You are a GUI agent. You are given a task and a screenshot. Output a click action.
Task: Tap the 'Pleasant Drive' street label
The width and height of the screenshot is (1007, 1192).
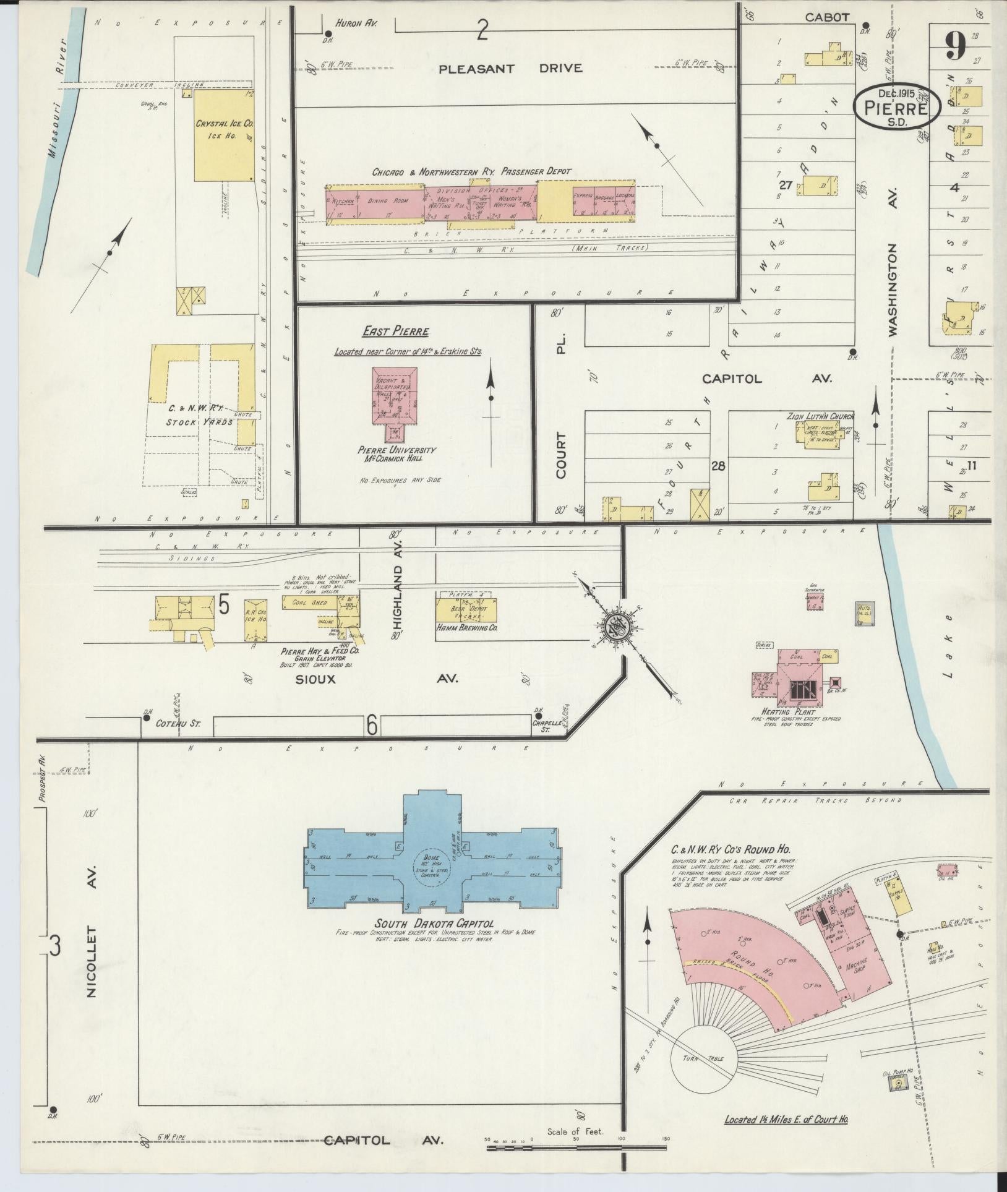point(510,69)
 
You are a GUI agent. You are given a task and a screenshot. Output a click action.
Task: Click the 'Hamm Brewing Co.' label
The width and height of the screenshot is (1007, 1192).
point(468,627)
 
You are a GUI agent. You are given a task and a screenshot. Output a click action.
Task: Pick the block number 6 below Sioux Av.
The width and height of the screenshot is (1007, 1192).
point(371,725)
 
